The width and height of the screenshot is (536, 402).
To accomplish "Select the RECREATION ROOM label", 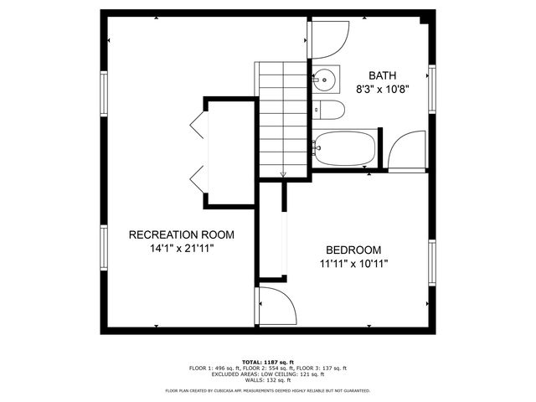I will (x=181, y=234).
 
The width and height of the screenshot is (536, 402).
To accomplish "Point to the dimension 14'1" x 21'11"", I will (x=181, y=249).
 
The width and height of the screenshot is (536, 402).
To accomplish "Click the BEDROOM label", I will (x=353, y=250).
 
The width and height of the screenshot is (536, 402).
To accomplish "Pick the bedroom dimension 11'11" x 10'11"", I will (x=353, y=264).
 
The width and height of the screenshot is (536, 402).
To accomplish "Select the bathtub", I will (x=345, y=149).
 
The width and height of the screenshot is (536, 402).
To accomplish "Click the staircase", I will (x=282, y=117).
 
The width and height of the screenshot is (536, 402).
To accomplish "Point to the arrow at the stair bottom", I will (x=283, y=173).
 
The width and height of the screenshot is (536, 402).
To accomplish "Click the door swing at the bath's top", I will (x=330, y=39).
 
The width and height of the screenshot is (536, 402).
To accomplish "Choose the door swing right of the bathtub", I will (x=407, y=151).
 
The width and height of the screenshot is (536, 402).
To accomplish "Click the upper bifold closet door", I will (x=198, y=126).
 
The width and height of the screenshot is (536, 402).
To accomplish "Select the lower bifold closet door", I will (x=198, y=178).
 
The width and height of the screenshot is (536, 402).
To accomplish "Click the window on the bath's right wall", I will (x=432, y=87).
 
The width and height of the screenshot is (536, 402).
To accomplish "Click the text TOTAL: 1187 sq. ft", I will (x=267, y=361).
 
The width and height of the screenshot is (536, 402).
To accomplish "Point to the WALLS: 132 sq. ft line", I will (x=267, y=380).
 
